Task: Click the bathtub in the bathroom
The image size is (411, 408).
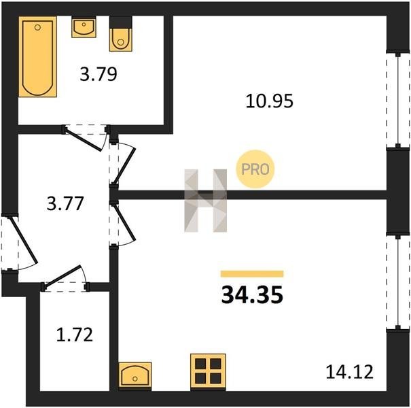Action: coord(38,56)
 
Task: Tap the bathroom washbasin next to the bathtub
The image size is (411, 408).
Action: coord(84,27)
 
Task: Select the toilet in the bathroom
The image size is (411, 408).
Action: coord(120,34)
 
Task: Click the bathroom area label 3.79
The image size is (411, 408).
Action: coord(99,74)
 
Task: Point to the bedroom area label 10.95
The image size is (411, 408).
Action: coord(269,101)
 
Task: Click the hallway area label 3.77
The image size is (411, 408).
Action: coord(65,203)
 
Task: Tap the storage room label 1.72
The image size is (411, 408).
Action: coord(75,335)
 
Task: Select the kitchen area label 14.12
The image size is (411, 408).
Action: coord(349,372)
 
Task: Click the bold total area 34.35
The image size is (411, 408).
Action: coord(252,294)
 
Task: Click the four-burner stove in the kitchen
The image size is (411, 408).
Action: coord(208,372)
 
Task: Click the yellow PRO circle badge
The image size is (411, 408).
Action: coord(255,169)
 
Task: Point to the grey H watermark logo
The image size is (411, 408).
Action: coord(205,201)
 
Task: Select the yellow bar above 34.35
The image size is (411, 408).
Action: coord(252,274)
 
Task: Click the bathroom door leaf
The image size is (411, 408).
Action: coord(83,140)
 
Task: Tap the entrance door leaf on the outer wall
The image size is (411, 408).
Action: coord(23,239)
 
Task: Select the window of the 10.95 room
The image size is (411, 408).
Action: coord(398,100)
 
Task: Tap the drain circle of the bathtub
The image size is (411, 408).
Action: coord(38,27)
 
